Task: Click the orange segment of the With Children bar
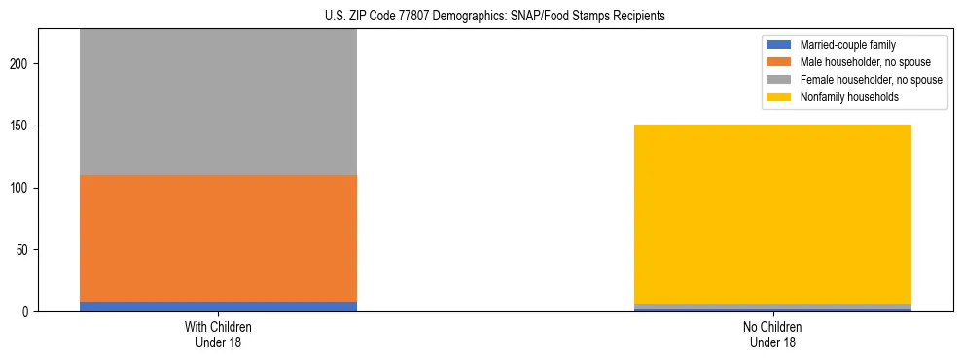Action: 218,238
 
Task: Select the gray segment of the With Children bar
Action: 218,102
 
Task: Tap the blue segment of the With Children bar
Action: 218,306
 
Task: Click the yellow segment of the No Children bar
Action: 772,214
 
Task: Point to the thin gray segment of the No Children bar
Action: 772,306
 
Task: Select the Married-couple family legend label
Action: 847,45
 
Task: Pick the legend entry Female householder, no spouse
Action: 871,80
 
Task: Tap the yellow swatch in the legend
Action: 779,97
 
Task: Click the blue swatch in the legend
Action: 779,45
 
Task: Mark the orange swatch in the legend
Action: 779,62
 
